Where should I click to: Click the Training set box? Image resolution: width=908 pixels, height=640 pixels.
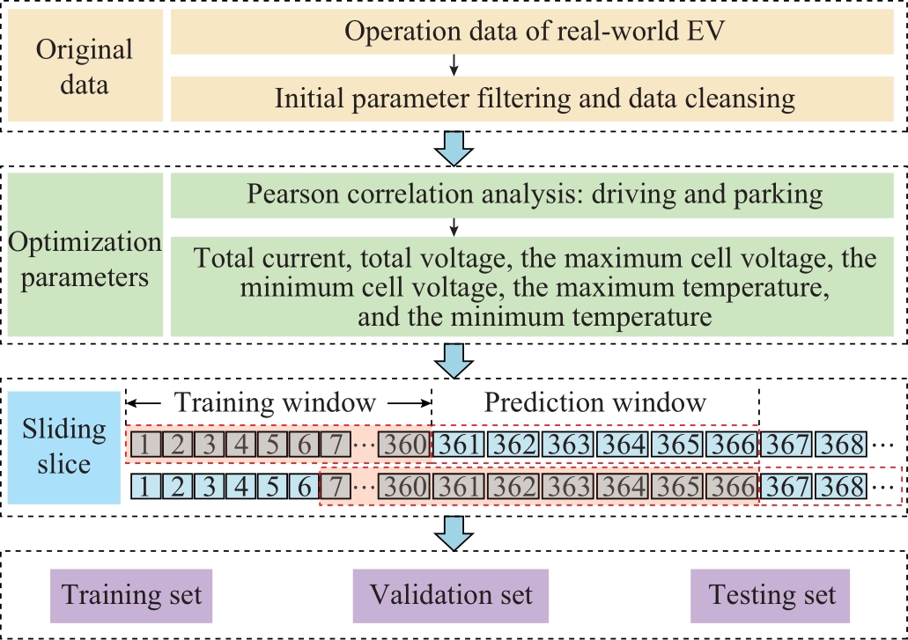point(131,595)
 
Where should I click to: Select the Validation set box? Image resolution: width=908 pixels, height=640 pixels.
point(451,595)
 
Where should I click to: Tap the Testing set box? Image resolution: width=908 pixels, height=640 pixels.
point(771,595)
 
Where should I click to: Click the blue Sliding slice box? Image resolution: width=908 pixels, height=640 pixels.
point(64,447)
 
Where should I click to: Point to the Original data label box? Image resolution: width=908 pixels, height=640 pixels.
point(85,67)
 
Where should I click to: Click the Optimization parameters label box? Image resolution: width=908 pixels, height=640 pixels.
point(85,254)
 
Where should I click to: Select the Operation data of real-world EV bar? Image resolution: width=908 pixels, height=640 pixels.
point(532,33)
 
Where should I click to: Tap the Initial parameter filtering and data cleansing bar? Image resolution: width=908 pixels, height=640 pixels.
point(532,99)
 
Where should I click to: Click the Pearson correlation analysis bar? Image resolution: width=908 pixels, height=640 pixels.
point(532,195)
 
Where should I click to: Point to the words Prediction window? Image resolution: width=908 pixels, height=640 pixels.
point(594,402)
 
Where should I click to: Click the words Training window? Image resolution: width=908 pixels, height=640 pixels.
point(276,402)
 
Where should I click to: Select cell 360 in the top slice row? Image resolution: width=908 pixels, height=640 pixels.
point(405,445)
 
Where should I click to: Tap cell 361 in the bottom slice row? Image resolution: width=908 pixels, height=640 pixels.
point(459,487)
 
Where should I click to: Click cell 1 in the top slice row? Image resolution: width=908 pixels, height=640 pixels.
point(144,445)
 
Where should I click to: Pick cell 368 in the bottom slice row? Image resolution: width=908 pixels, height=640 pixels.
point(841,487)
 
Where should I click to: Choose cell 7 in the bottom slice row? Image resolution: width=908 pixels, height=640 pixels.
point(336,487)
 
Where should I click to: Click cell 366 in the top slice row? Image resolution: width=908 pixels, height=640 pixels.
point(732,445)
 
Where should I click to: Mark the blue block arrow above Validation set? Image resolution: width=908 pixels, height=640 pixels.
point(454,533)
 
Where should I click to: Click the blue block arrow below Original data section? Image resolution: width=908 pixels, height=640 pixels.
point(454,149)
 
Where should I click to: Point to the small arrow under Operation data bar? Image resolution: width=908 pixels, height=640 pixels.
point(454,65)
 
